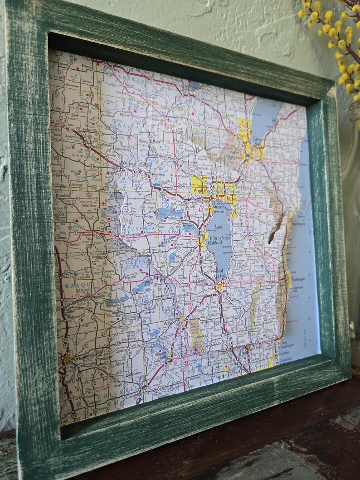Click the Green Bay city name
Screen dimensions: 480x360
point(258,140)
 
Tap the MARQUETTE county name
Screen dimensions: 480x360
point(80,286)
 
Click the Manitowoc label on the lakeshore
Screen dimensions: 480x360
point(298,223)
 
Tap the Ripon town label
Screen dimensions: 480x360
point(158,277)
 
